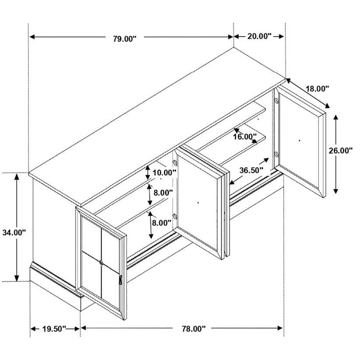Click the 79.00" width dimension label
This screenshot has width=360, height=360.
click(125, 38)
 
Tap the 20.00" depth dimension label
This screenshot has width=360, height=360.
click(259, 36)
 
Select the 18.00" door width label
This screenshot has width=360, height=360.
click(318, 88)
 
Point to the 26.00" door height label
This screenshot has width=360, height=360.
click(340, 150)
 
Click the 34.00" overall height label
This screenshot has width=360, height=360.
click(14, 232)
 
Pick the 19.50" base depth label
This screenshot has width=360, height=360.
click(54, 329)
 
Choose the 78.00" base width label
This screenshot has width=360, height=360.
click(193, 329)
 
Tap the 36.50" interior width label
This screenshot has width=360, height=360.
click(251, 170)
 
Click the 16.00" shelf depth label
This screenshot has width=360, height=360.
click(245, 137)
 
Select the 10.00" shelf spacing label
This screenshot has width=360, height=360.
click(164, 173)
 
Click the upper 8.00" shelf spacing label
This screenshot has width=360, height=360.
click(163, 192)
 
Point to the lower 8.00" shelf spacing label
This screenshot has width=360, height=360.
click(162, 223)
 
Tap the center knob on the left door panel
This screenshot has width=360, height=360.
click(101, 262)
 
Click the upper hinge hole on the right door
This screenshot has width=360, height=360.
click(276, 100)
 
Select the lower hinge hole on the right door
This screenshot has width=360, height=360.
click(276, 154)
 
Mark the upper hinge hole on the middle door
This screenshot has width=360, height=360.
click(175, 163)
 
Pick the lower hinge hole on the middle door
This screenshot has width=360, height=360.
click(175, 216)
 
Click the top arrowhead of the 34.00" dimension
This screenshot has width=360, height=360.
click(17, 176)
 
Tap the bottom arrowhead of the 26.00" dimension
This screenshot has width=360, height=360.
click(336, 191)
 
